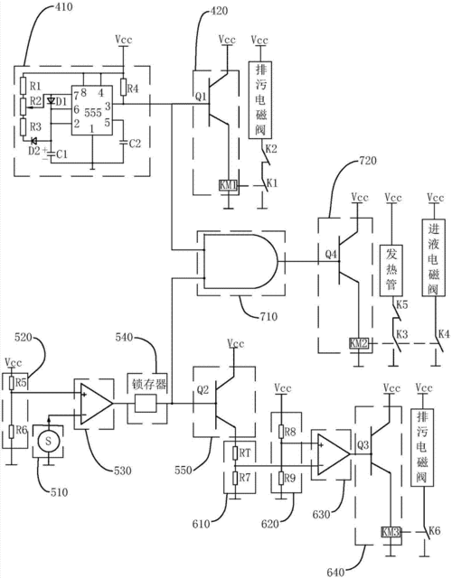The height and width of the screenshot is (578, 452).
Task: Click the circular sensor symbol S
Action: point(47,443)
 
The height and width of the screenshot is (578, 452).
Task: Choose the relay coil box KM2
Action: point(358,342)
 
